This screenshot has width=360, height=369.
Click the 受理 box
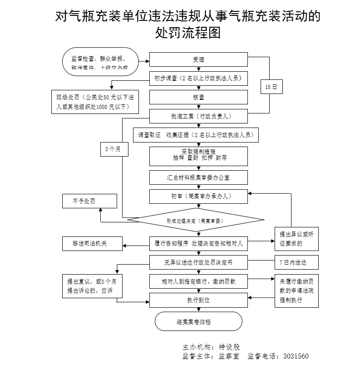pos(198,60)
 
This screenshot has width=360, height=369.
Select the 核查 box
pos(198,97)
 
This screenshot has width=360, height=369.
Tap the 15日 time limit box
pos(271,87)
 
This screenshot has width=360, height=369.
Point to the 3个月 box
pos(112,149)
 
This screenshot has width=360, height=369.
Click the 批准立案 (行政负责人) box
pos(198,116)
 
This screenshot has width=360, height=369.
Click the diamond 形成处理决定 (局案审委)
pos(196,221)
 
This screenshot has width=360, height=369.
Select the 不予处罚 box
pos(89,201)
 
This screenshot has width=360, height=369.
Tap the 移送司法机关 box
pos(92,244)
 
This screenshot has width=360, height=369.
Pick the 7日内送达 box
pos(296,262)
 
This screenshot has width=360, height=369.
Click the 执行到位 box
pos(198,300)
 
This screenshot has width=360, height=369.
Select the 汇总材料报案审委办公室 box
pos(198,177)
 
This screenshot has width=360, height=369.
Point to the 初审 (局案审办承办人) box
pos(198,196)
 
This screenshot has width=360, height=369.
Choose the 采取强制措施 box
pos(198,156)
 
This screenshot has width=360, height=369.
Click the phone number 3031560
pos(296,356)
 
